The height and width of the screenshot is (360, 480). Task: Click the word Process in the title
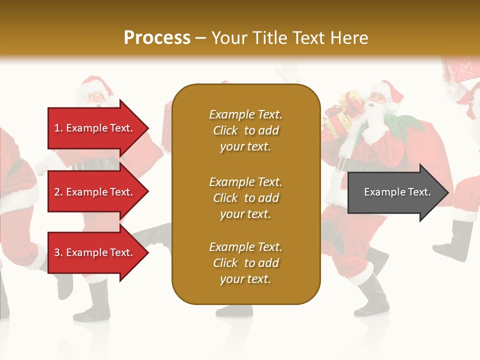pyautogui.click(x=157, y=38)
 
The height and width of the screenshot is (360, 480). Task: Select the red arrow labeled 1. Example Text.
pyautogui.click(x=95, y=128)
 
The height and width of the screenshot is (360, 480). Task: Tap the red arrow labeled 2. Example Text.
pyautogui.click(x=95, y=192)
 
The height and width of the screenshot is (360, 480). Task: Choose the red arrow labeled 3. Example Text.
pyautogui.click(x=95, y=252)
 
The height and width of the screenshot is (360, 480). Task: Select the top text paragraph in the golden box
pyautogui.click(x=245, y=130)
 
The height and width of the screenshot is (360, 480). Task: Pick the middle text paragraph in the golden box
pyautogui.click(x=245, y=197)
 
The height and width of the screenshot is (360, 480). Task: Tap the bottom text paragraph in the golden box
pyautogui.click(x=245, y=263)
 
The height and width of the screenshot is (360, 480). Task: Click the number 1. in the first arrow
pyautogui.click(x=58, y=128)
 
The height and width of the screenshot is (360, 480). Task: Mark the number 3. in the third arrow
pyautogui.click(x=58, y=252)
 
